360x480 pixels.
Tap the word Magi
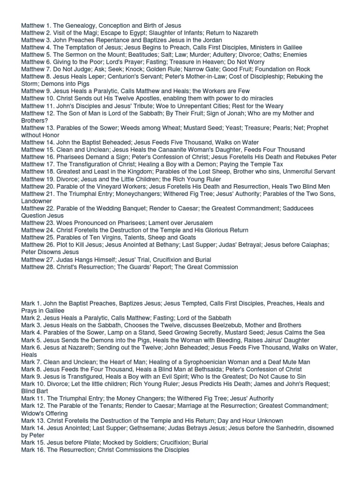86,33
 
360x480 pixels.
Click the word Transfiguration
90,165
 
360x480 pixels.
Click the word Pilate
92,442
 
